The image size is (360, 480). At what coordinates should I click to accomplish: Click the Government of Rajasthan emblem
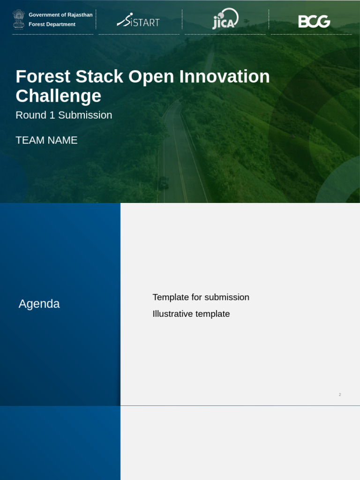click(19, 19)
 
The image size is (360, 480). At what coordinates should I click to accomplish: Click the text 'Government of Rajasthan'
click(60, 15)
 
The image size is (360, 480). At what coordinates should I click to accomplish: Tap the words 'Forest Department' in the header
click(52, 24)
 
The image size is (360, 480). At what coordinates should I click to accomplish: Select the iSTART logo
click(138, 21)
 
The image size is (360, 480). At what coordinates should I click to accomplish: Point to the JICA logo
click(225, 19)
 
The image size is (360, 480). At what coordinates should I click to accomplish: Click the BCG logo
click(314, 21)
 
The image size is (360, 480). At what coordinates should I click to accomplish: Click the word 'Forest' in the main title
click(43, 76)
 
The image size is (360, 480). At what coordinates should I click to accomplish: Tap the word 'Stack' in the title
click(99, 76)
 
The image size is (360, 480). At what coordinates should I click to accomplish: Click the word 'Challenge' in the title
click(58, 96)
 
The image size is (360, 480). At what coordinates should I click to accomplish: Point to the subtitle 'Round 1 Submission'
click(64, 115)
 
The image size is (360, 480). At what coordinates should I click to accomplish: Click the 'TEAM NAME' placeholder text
click(46, 140)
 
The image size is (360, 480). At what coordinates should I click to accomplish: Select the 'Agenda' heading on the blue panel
click(39, 304)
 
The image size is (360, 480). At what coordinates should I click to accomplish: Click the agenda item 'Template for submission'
click(201, 297)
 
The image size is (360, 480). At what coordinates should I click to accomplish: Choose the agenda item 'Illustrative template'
click(191, 314)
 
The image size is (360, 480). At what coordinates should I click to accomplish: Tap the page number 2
click(340, 395)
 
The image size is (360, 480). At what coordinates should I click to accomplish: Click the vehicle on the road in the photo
click(163, 182)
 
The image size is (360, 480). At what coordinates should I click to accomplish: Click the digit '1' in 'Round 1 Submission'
click(52, 115)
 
